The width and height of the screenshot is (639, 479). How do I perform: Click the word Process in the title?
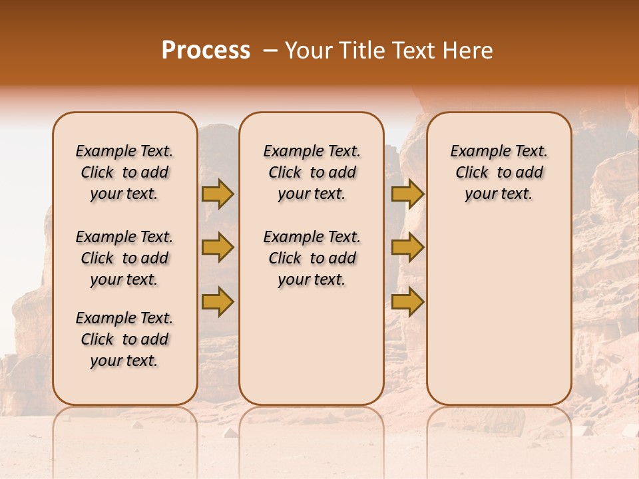pyautogui.click(x=205, y=50)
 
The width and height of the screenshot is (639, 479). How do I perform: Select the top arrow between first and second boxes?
pyautogui.click(x=218, y=194)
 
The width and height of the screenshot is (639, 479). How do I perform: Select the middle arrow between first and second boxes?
pyautogui.click(x=218, y=247)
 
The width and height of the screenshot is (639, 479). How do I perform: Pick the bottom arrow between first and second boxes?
pyautogui.click(x=218, y=302)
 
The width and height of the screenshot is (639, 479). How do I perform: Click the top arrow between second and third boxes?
pyautogui.click(x=407, y=194)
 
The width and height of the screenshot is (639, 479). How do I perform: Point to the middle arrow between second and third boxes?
pyautogui.click(x=407, y=247)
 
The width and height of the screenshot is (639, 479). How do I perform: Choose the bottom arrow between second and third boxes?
pyautogui.click(x=407, y=302)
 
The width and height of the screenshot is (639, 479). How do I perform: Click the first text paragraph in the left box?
pyautogui.click(x=124, y=172)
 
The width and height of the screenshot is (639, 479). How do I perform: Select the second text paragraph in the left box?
pyautogui.click(x=124, y=258)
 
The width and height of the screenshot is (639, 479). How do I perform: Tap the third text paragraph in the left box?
pyautogui.click(x=124, y=339)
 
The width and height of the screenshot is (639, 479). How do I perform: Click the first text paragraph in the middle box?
pyautogui.click(x=312, y=172)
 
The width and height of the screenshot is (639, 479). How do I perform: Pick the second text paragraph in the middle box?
pyautogui.click(x=312, y=258)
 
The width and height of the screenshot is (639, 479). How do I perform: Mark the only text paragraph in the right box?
pyautogui.click(x=499, y=172)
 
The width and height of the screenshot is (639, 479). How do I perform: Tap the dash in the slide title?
pyautogui.click(x=270, y=50)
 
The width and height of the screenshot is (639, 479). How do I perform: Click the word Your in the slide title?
pyautogui.click(x=310, y=50)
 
